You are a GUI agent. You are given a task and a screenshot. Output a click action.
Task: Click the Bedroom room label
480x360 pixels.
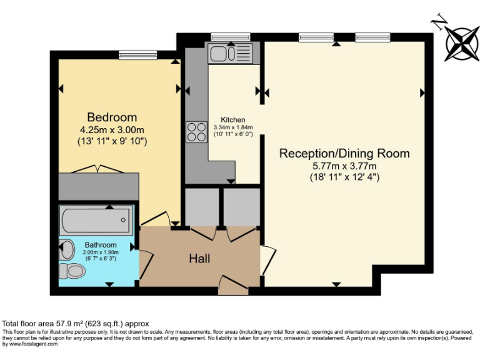[112, 117]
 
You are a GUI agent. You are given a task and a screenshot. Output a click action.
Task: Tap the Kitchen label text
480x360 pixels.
[232, 120]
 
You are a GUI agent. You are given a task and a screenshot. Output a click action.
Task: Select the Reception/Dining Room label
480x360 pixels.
[344, 153]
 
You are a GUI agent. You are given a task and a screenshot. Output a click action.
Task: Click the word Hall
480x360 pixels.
[199, 258]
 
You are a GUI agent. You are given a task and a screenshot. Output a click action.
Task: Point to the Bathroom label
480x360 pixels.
[101, 244]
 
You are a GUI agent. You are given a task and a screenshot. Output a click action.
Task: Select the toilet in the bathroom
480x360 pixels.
[72, 271]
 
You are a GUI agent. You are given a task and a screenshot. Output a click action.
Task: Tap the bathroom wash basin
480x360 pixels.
[67, 248]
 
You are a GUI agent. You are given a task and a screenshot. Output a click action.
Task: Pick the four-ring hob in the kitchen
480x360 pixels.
[196, 131]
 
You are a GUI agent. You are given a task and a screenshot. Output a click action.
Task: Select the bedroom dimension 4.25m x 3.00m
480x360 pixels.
[112, 130]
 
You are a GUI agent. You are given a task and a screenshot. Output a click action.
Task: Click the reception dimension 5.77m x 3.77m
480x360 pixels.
[344, 166]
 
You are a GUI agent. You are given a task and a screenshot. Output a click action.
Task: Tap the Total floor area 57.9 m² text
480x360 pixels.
[76, 323]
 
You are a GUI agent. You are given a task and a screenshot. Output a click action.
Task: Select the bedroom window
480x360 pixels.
[137, 56]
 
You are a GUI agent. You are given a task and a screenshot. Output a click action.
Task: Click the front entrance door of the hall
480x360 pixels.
[233, 288]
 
